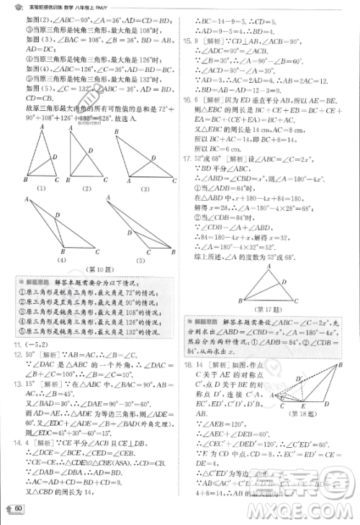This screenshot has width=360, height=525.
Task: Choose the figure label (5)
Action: (x=138, y=259)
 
